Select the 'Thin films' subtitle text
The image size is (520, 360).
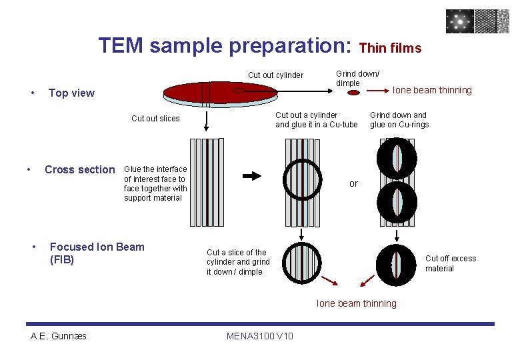point(390,48)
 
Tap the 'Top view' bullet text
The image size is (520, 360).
point(71,93)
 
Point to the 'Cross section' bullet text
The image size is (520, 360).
point(79,169)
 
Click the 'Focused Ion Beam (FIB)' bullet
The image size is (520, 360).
point(97,253)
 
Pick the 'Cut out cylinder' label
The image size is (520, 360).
point(275,75)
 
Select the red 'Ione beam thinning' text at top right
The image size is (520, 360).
point(432,91)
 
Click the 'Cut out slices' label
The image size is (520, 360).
point(155,119)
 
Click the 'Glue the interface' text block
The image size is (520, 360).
point(155,183)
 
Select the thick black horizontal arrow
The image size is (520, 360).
point(252,176)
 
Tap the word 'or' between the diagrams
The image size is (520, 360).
point(353,184)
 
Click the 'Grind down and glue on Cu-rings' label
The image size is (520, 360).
point(399,120)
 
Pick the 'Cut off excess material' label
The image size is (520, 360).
point(451,263)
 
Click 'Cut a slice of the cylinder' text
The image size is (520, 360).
point(238,262)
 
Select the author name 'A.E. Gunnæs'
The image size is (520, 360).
point(59,336)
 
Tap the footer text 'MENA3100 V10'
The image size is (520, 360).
point(260,336)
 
